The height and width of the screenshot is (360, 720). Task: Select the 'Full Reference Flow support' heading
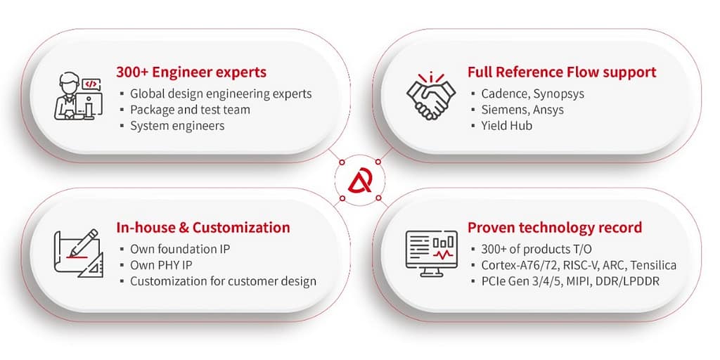point(561,72)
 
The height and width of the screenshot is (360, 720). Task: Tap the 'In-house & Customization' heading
point(203,228)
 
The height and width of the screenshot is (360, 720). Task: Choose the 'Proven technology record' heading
point(554,228)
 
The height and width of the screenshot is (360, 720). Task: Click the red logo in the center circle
point(360,180)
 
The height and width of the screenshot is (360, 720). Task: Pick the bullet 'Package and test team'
point(190,110)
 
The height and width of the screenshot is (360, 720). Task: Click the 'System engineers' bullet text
point(177,126)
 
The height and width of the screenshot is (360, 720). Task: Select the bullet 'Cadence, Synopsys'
point(532,94)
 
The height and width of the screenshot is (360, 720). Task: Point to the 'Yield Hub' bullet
point(506,126)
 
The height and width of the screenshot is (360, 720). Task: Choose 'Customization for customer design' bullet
point(223,281)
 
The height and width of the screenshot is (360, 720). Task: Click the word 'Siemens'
point(502,110)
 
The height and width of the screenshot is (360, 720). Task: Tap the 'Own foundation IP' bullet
point(180,249)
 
